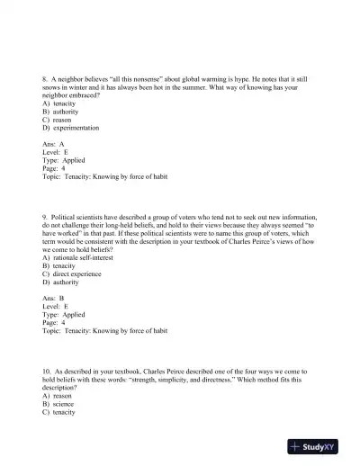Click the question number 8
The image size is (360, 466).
45,79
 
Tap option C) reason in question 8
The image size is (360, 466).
58,118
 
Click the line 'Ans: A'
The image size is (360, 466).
53,142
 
